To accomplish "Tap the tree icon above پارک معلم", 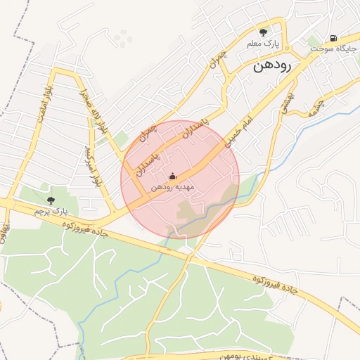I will click(264, 32).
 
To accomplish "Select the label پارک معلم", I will click(263, 44).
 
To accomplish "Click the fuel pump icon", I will click(332, 38).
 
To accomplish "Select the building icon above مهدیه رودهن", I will click(173, 176).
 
